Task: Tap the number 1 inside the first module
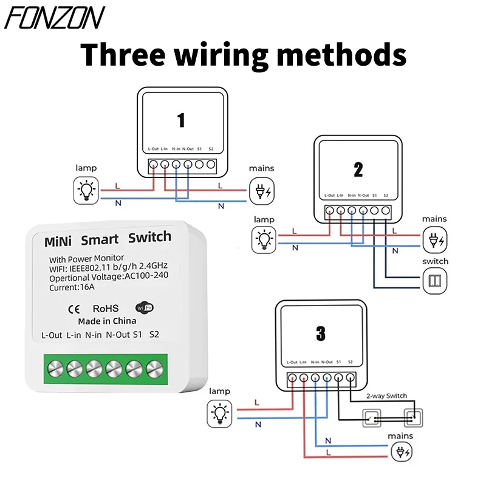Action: pos(181,120)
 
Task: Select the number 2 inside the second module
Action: pos(358,169)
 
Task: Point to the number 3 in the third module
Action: pos(321,333)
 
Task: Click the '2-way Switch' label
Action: pos(386,396)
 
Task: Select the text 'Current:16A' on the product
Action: pos(72,287)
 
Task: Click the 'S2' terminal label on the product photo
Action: pos(154,334)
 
